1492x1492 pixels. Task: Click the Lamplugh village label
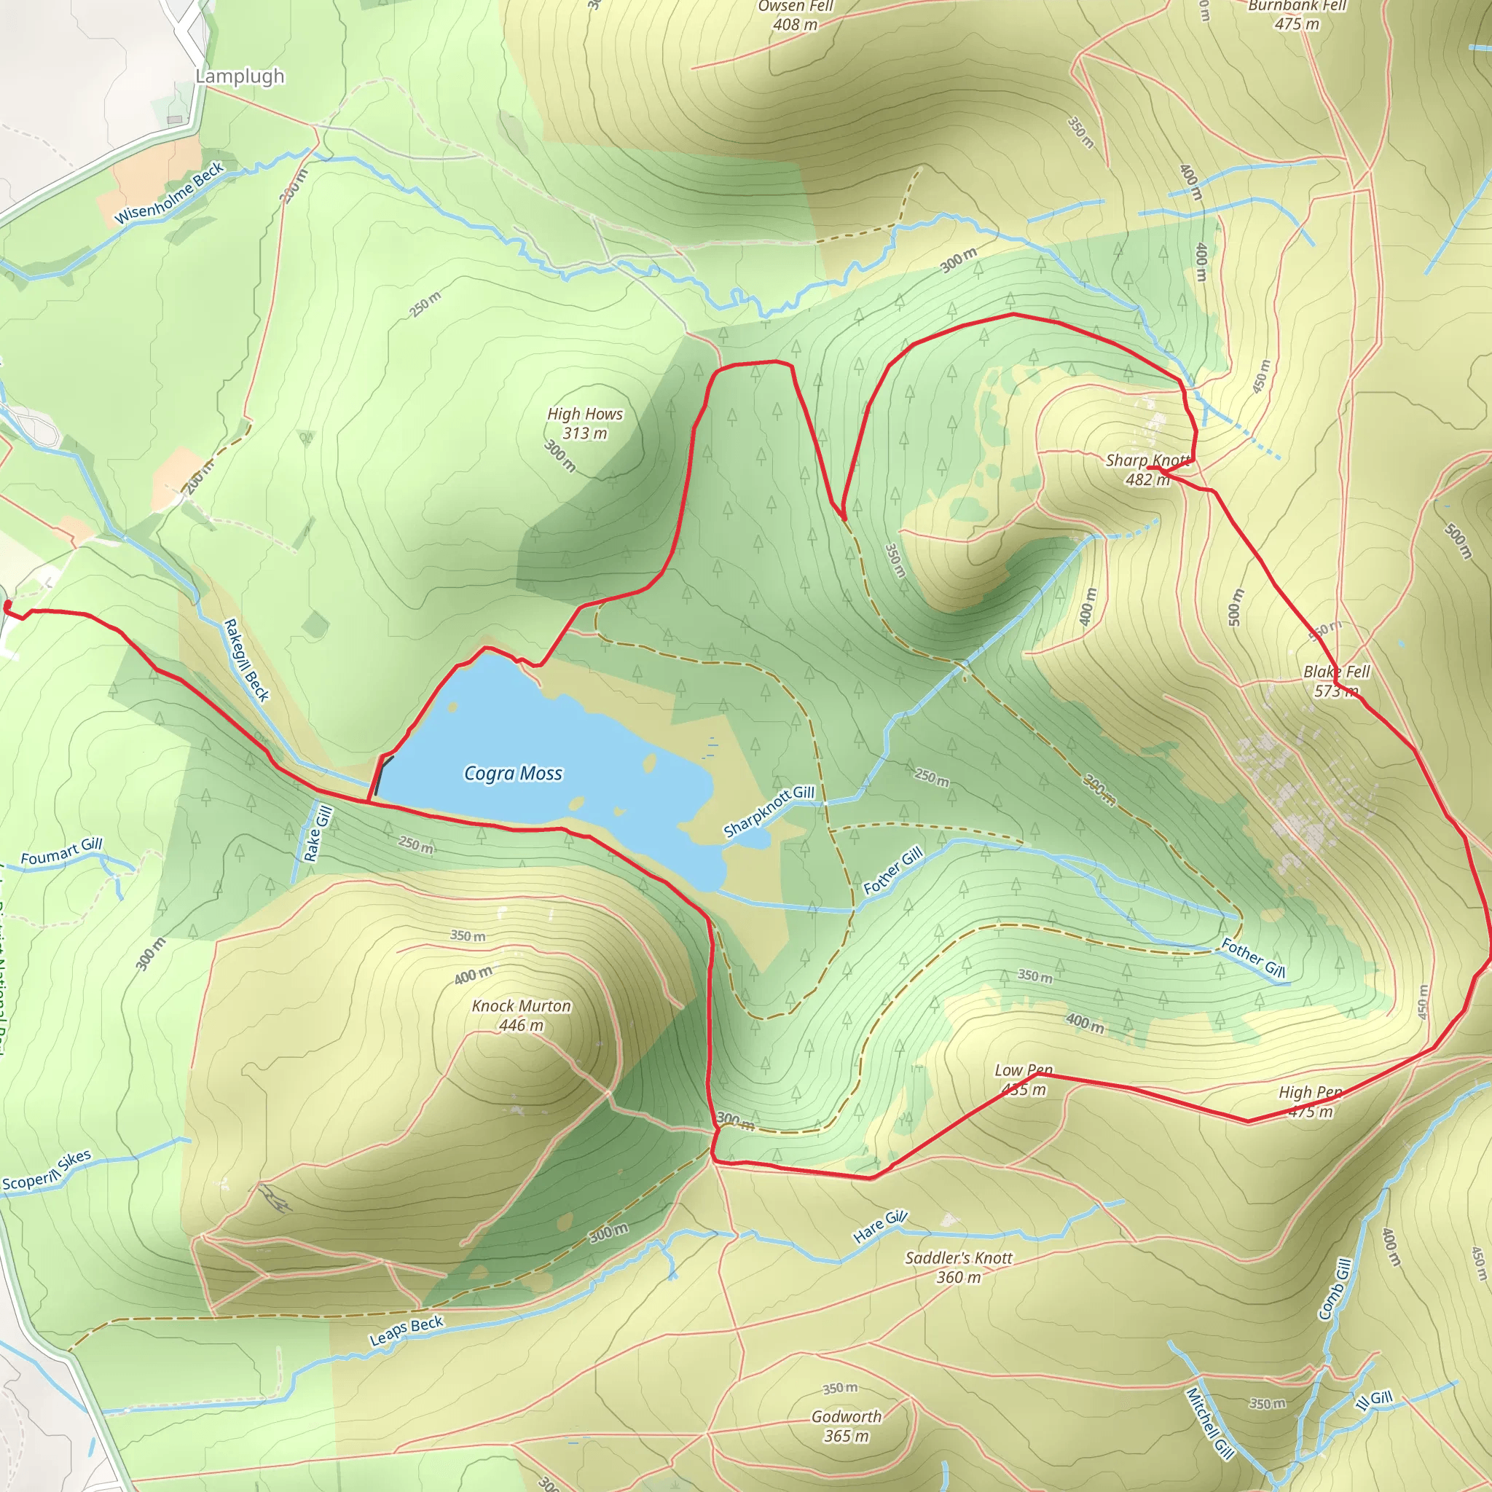[x=240, y=76]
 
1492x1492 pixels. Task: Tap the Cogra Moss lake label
[x=513, y=774]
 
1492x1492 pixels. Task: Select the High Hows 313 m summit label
[x=584, y=423]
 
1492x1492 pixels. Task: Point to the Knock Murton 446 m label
[x=522, y=1015]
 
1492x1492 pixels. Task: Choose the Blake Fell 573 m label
[x=1336, y=680]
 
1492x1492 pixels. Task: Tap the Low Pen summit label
[x=1024, y=1080]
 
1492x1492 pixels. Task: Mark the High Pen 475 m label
[x=1311, y=1102]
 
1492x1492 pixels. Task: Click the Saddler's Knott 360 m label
[x=959, y=1268]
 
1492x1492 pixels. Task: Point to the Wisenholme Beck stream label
[x=169, y=192]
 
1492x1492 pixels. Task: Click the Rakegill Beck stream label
[x=246, y=660]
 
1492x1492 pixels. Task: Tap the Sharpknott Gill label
[x=769, y=811]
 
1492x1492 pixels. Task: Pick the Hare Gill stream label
[x=879, y=1227]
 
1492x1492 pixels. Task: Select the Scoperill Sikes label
[x=47, y=1171]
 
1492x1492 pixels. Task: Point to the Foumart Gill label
[x=61, y=852]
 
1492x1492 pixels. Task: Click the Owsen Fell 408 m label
[x=796, y=15]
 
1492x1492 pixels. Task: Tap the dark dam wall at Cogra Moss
[x=379, y=776]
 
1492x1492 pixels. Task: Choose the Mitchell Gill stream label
[x=1210, y=1424]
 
